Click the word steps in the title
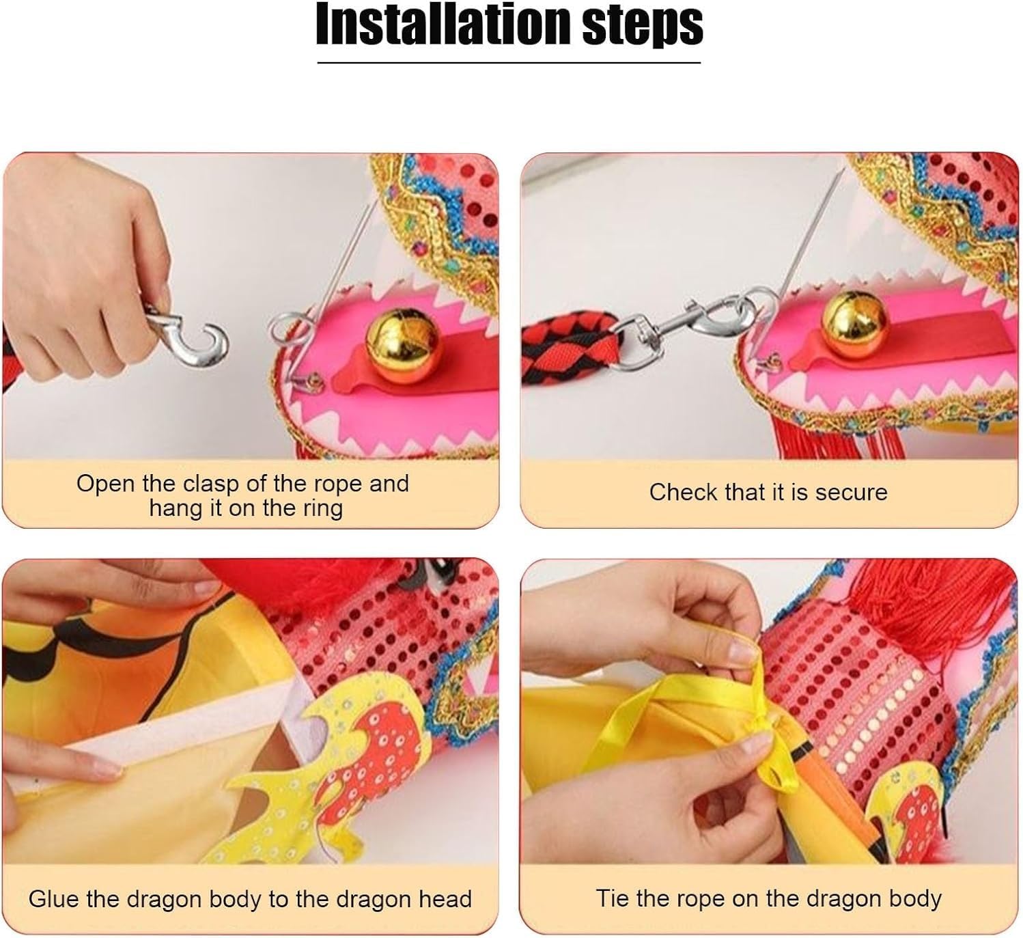click(x=643, y=27)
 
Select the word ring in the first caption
click(x=321, y=509)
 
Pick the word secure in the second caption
click(x=851, y=493)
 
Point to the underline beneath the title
click(x=509, y=63)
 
